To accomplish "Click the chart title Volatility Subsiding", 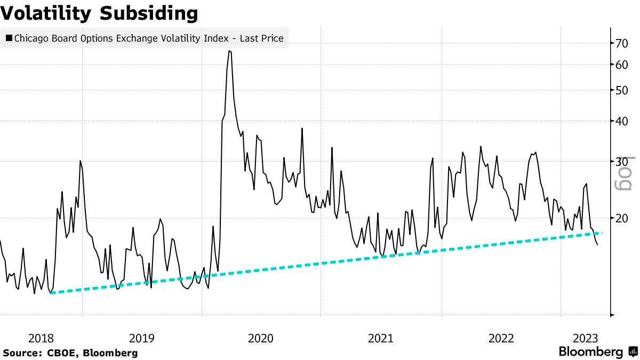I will click(100, 13).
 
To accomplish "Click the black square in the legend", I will click(9, 38).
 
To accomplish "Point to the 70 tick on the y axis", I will click(622, 43).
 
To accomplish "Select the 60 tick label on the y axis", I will click(622, 65).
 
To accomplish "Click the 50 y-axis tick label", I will click(622, 90).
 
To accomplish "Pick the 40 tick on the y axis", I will click(622, 121).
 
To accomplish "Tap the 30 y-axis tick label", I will click(622, 161).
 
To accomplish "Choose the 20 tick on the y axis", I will click(622, 218).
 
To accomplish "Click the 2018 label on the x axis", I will click(41, 338).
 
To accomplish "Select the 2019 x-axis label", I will click(142, 338).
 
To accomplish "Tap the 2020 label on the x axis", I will click(261, 338).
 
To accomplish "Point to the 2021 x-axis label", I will click(381, 338).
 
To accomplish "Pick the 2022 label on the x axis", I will click(501, 338).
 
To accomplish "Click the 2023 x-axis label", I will click(585, 338).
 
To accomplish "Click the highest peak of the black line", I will click(229, 51).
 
